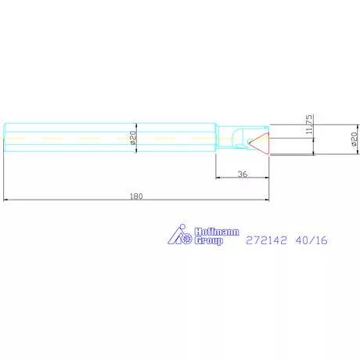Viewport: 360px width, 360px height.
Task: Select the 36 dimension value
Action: (x=243, y=175)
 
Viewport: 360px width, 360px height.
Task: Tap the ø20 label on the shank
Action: (x=134, y=139)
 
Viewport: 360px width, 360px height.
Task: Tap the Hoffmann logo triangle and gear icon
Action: (x=180, y=236)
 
